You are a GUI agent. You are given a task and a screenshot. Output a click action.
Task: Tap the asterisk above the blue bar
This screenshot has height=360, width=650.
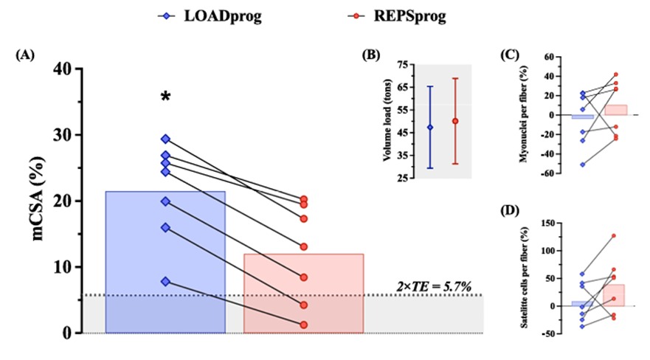(166, 98)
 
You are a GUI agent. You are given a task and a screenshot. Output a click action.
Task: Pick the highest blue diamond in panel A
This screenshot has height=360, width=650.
(166, 139)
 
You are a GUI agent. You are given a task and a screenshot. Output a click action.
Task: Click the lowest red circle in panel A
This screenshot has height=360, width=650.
(303, 325)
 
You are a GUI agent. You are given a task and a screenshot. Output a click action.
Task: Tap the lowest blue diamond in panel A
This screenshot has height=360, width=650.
(166, 281)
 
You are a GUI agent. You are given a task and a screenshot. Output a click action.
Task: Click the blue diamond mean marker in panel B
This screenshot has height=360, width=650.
(430, 128)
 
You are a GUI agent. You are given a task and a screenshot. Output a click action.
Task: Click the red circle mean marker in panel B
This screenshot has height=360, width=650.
(455, 121)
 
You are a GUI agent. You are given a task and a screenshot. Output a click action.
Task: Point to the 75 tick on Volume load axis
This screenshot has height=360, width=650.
(404, 65)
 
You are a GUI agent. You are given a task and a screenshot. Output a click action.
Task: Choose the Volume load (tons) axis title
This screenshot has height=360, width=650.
(387, 122)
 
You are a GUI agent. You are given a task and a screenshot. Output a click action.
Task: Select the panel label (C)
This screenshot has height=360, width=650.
(510, 55)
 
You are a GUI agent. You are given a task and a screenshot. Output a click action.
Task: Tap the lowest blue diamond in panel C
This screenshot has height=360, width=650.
(583, 165)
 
